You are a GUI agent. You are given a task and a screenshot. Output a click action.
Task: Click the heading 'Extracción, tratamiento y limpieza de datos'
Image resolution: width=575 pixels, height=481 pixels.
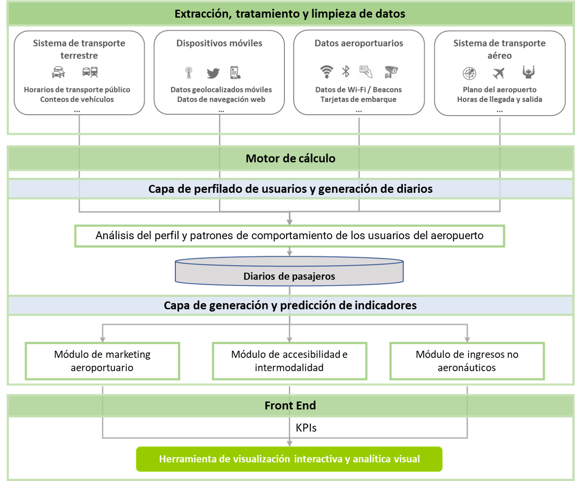[x=290, y=14]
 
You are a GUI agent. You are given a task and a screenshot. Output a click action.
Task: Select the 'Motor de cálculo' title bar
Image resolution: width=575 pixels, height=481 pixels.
[x=290, y=158]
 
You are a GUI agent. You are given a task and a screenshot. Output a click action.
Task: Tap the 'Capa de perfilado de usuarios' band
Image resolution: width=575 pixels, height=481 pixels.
[x=290, y=189]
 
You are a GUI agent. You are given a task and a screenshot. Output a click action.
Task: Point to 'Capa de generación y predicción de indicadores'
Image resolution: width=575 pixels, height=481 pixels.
[x=290, y=305]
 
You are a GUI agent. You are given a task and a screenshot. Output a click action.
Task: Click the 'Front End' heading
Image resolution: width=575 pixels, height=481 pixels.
[x=290, y=405]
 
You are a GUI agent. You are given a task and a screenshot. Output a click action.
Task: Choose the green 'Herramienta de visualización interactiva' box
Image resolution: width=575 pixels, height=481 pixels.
[x=289, y=459]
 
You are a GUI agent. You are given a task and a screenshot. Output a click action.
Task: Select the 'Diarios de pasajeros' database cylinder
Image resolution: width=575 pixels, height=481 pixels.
[x=289, y=272]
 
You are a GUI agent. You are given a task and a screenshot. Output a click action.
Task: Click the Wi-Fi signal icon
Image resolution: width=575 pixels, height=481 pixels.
[x=326, y=72]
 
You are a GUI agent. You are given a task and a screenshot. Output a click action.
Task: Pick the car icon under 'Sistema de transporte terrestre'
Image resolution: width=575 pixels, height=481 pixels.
[x=58, y=72]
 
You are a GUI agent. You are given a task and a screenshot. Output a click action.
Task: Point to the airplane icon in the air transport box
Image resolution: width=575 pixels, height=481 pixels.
[x=498, y=72]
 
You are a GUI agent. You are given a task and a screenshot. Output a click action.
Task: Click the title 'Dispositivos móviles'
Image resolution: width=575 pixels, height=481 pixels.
[x=219, y=43]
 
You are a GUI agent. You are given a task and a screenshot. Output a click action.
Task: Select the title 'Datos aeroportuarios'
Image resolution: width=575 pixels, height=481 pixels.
[x=359, y=43]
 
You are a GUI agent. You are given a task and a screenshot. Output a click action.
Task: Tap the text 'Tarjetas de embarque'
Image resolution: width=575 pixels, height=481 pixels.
[x=359, y=99]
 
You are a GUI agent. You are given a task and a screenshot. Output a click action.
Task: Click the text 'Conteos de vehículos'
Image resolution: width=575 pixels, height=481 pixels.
[x=77, y=99]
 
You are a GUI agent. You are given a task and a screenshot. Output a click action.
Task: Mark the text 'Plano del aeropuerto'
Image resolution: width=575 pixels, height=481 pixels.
[x=499, y=89]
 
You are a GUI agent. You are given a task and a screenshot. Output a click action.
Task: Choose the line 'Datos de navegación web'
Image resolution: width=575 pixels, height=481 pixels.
[x=221, y=99]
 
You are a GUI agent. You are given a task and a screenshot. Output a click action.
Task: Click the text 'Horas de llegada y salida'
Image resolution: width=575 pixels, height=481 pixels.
[x=499, y=99]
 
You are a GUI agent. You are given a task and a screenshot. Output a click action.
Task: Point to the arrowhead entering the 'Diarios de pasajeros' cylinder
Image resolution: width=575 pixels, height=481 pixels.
[x=289, y=253]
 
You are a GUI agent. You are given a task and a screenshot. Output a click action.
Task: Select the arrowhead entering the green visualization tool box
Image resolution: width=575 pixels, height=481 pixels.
[x=289, y=443]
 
